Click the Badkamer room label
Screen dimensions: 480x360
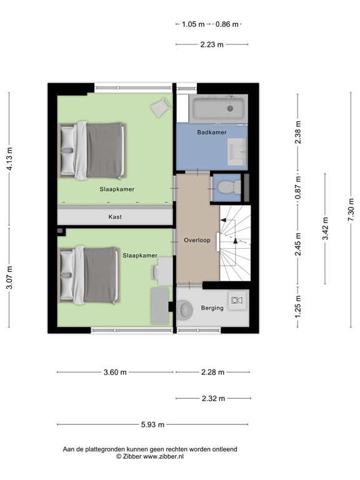[x=211, y=132]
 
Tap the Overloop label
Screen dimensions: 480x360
[x=197, y=240]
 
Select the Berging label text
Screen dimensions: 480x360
[x=212, y=308]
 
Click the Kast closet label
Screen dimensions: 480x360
[x=114, y=217]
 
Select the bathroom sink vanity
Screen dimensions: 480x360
[x=237, y=150]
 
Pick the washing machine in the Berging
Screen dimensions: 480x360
[x=236, y=301]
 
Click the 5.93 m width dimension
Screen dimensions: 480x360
[x=152, y=424]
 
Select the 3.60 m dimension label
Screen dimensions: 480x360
[x=115, y=372]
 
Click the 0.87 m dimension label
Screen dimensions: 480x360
[x=299, y=186]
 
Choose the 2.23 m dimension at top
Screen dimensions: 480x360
[x=212, y=44]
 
